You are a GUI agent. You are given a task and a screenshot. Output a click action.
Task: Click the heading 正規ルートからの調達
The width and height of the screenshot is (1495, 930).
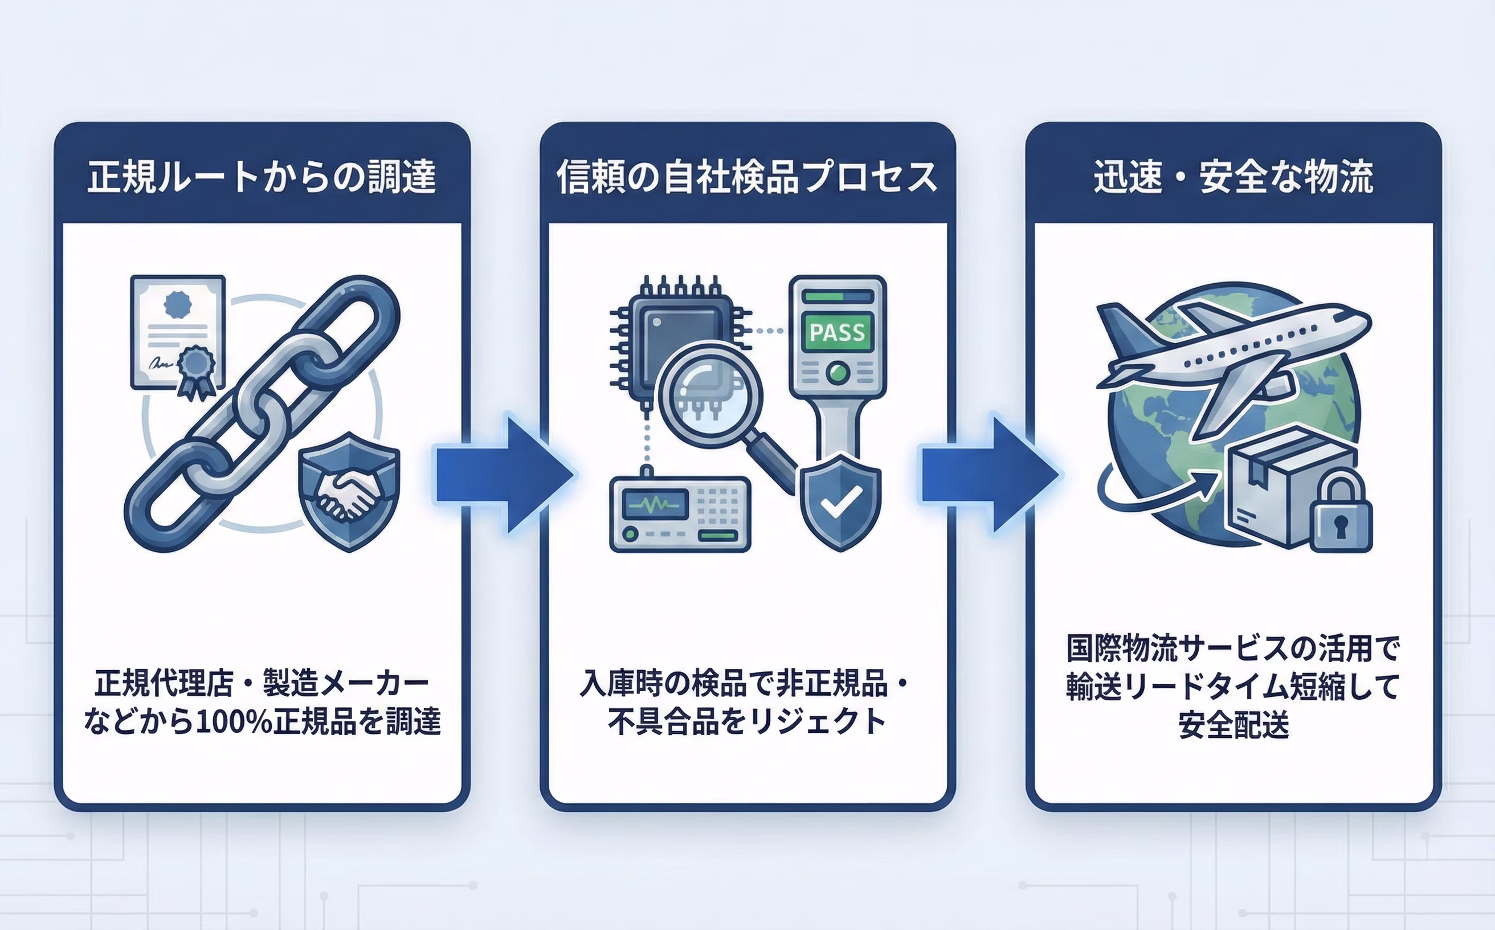tap(262, 177)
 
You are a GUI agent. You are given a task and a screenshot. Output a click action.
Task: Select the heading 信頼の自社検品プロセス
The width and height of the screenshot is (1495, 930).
tap(746, 177)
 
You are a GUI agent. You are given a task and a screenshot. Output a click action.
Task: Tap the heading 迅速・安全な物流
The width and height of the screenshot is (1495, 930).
tap(1233, 177)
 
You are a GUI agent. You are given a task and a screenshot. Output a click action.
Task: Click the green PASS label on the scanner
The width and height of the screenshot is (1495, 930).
tap(837, 333)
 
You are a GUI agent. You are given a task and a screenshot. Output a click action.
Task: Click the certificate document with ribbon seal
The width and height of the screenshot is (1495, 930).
tap(177, 332)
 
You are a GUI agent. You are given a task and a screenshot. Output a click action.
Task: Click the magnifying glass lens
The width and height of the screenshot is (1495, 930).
tap(710, 394)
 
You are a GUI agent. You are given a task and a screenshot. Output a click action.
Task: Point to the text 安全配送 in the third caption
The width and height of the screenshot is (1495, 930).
tap(1233, 724)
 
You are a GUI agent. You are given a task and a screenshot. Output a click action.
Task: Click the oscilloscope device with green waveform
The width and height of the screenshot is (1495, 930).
tap(680, 514)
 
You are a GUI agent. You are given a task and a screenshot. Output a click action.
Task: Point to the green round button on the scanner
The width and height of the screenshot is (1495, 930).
tap(838, 372)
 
